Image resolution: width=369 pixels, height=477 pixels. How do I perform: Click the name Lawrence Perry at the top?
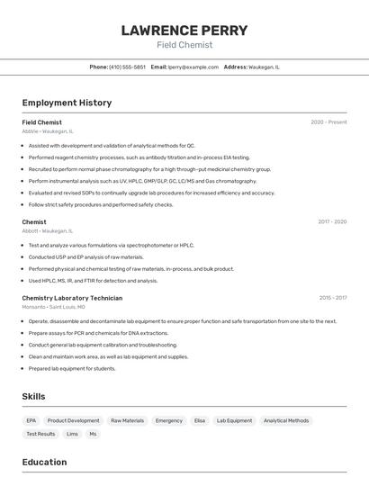(x=184, y=30)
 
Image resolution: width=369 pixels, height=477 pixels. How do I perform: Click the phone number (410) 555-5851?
(x=127, y=67)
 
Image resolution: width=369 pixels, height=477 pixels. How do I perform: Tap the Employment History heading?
(x=67, y=103)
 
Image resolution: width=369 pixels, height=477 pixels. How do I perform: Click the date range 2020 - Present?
(x=328, y=122)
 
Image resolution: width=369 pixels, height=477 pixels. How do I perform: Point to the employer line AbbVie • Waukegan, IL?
(x=48, y=131)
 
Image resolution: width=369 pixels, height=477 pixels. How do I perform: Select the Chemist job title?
(x=34, y=221)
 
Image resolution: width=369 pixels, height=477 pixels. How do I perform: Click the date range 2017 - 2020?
(x=332, y=221)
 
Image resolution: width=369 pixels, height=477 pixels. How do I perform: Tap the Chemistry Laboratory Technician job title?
(x=72, y=298)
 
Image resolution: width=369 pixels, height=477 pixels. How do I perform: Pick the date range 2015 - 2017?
(x=332, y=298)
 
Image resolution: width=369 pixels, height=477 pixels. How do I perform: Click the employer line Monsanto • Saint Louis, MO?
(x=54, y=307)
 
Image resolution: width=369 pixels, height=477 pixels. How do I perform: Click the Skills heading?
(x=33, y=396)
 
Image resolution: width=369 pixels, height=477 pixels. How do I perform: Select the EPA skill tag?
(x=31, y=420)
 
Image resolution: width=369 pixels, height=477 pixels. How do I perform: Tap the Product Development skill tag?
(x=73, y=420)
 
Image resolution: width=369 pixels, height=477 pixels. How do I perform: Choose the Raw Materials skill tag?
(x=127, y=420)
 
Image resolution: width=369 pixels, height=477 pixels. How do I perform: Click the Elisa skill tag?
(x=200, y=420)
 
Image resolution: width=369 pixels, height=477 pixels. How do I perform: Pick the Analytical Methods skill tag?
(x=286, y=420)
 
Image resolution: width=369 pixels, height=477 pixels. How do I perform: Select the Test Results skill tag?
(x=40, y=434)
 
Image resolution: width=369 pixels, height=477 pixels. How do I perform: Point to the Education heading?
(x=44, y=462)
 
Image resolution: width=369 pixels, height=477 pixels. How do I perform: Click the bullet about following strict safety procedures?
(x=101, y=204)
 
